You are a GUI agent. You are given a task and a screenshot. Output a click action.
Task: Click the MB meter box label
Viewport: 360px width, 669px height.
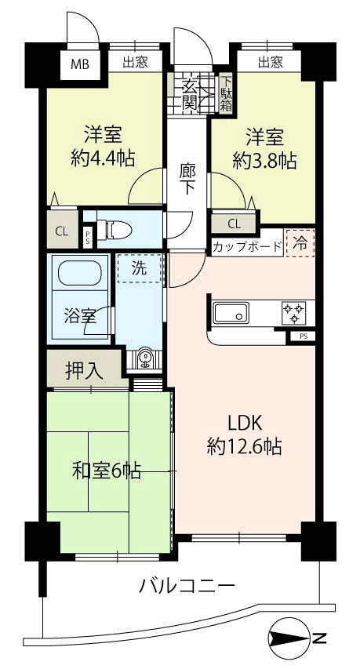tap(80, 65)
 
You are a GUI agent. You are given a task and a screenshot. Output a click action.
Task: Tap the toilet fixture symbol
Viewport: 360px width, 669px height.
tap(114, 231)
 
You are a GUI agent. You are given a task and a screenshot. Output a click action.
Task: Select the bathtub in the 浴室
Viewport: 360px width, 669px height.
tap(80, 273)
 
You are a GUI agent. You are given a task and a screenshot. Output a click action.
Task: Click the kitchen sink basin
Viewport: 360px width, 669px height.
tap(231, 313)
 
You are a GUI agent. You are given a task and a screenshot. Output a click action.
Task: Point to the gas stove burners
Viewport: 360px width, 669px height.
tap(294, 313)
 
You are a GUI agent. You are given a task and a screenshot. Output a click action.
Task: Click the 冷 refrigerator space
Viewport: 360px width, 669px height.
tap(300, 244)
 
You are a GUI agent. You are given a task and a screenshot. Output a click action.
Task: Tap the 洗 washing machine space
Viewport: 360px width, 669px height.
tap(140, 268)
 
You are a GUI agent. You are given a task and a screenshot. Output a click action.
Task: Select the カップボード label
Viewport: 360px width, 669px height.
tap(247, 246)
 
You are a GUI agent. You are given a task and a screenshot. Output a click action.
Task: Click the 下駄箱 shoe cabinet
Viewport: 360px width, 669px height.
tap(226, 94)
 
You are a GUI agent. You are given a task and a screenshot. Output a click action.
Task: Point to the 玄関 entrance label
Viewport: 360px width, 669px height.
tap(189, 94)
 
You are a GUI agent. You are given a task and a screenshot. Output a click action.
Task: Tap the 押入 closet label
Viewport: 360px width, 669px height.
tap(84, 370)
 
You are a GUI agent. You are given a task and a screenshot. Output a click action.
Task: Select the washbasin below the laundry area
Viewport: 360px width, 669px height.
tap(144, 358)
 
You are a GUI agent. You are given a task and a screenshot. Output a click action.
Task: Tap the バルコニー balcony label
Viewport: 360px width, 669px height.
tap(187, 585)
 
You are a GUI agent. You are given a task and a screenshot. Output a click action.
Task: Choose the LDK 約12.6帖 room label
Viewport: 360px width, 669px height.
tap(244, 434)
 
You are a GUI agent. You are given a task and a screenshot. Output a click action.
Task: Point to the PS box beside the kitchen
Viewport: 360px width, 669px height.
tap(304, 336)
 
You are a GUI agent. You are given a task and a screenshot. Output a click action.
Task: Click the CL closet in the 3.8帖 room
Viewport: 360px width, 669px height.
tap(235, 224)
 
